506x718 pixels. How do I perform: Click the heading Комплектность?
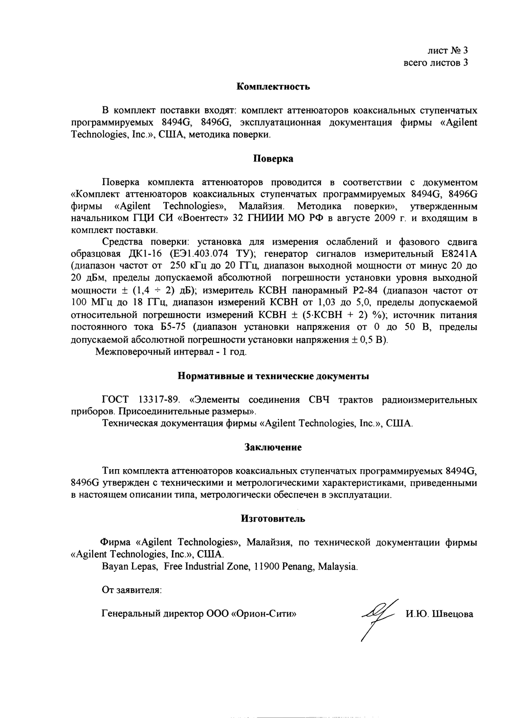(273, 86)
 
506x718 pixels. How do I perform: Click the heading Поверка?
(273, 159)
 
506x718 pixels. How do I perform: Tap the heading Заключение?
(273, 447)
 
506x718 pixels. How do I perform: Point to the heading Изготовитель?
(273, 518)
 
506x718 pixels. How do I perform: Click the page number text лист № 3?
(448, 50)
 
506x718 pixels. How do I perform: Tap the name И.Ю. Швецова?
(440, 614)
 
